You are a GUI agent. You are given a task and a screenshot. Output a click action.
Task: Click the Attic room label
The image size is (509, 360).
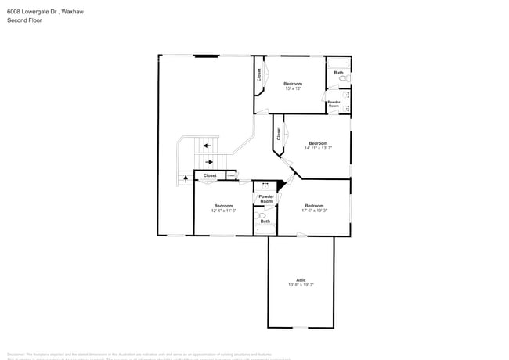point(301,279)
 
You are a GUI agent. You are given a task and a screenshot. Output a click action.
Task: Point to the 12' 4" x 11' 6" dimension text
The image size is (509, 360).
point(223,211)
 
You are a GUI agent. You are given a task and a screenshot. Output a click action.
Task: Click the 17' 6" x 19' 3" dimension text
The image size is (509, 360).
point(314,211)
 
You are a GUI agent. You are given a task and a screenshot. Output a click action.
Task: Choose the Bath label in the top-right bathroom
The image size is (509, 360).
point(338,73)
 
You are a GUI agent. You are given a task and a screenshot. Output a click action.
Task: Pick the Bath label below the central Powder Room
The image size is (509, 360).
point(265,221)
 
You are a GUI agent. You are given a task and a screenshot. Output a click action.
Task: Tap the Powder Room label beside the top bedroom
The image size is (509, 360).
point(334,103)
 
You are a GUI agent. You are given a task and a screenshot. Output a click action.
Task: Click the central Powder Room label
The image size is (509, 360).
point(266,199)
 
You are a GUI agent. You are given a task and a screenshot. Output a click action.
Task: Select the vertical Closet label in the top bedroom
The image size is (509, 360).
point(259,75)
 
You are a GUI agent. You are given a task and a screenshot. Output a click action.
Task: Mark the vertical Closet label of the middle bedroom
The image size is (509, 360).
point(278,133)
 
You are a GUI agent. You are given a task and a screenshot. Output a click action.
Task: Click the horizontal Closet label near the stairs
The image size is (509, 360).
point(210,176)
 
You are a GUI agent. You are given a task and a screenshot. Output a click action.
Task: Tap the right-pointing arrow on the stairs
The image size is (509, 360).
point(208,162)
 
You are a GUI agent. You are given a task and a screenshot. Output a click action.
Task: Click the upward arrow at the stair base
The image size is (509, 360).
point(186,178)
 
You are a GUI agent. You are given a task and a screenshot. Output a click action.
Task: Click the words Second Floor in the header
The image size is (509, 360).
point(24,20)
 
